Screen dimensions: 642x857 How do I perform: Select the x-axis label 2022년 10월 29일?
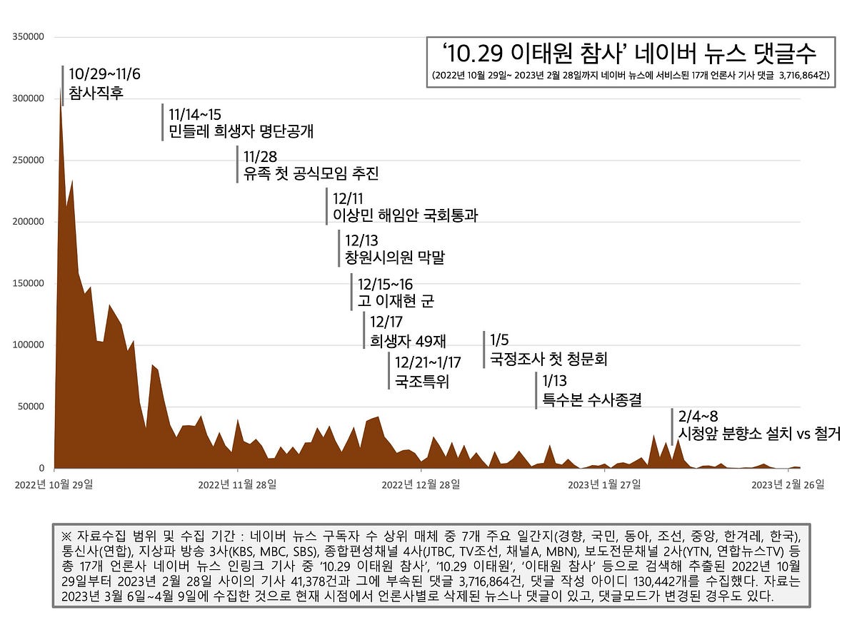55,484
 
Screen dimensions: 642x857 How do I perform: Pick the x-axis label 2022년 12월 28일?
421,484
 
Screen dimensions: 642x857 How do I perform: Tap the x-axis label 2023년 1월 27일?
604,484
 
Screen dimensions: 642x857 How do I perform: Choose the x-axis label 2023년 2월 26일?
788,484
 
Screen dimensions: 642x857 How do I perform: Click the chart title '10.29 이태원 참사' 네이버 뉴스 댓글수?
629,53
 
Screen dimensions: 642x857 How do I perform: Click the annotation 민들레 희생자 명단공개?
241,131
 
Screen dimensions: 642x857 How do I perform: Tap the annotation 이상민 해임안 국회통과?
405,214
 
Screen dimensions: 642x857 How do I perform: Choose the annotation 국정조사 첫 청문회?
548,358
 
